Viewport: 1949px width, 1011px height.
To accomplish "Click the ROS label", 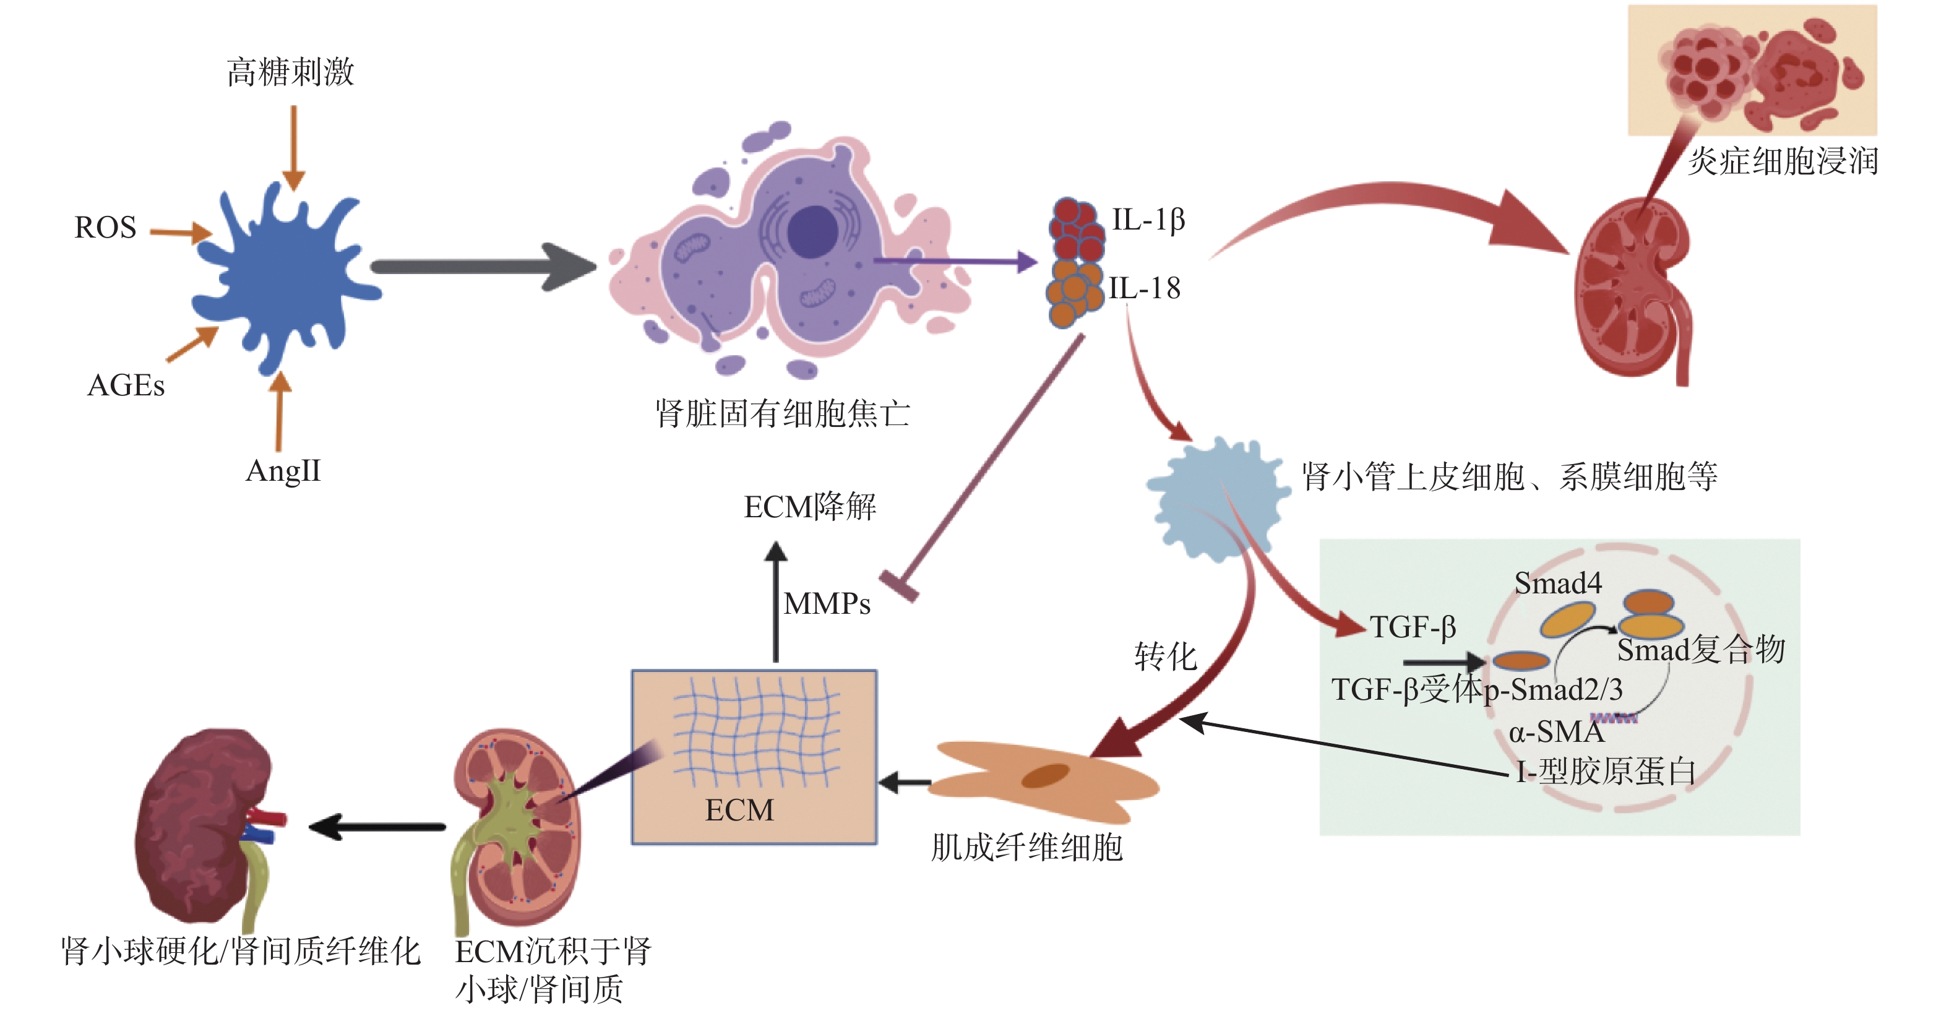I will pos(105,228).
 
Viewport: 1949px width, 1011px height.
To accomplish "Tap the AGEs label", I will pos(126,385).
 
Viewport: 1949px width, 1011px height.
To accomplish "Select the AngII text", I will pos(283,471).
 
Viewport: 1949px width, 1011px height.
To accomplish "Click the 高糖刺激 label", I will pos(291,72).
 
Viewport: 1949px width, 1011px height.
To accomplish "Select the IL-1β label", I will pos(1148,220).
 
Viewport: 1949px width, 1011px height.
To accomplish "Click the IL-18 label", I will pos(1144,288).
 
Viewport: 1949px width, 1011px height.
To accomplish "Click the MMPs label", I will pos(827,604).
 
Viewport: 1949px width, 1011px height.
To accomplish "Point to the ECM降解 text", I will pos(809,507).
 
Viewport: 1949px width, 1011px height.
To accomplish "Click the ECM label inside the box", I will pos(739,811).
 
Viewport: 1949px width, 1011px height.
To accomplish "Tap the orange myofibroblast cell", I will pos(1044,780).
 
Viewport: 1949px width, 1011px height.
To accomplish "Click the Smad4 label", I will pos(1558,583).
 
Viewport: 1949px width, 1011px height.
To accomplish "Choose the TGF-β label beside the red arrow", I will pos(1413,627).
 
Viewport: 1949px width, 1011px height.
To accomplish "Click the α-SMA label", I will pos(1555,732).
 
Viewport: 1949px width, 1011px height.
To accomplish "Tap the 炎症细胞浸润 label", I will pos(1783,161).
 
